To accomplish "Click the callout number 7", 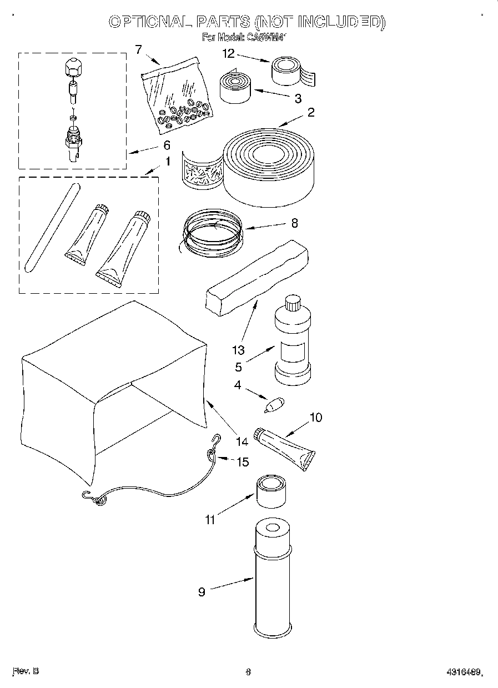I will pyautogui.click(x=138, y=49).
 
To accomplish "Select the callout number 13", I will pyautogui.click(x=238, y=350).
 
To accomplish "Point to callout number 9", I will pyautogui.click(x=202, y=592).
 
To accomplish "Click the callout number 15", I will pyautogui.click(x=243, y=461).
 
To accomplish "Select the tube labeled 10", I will pyautogui.click(x=284, y=448).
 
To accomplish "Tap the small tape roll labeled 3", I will pyautogui.click(x=235, y=87).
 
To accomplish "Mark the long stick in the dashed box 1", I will pyautogui.click(x=52, y=227).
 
